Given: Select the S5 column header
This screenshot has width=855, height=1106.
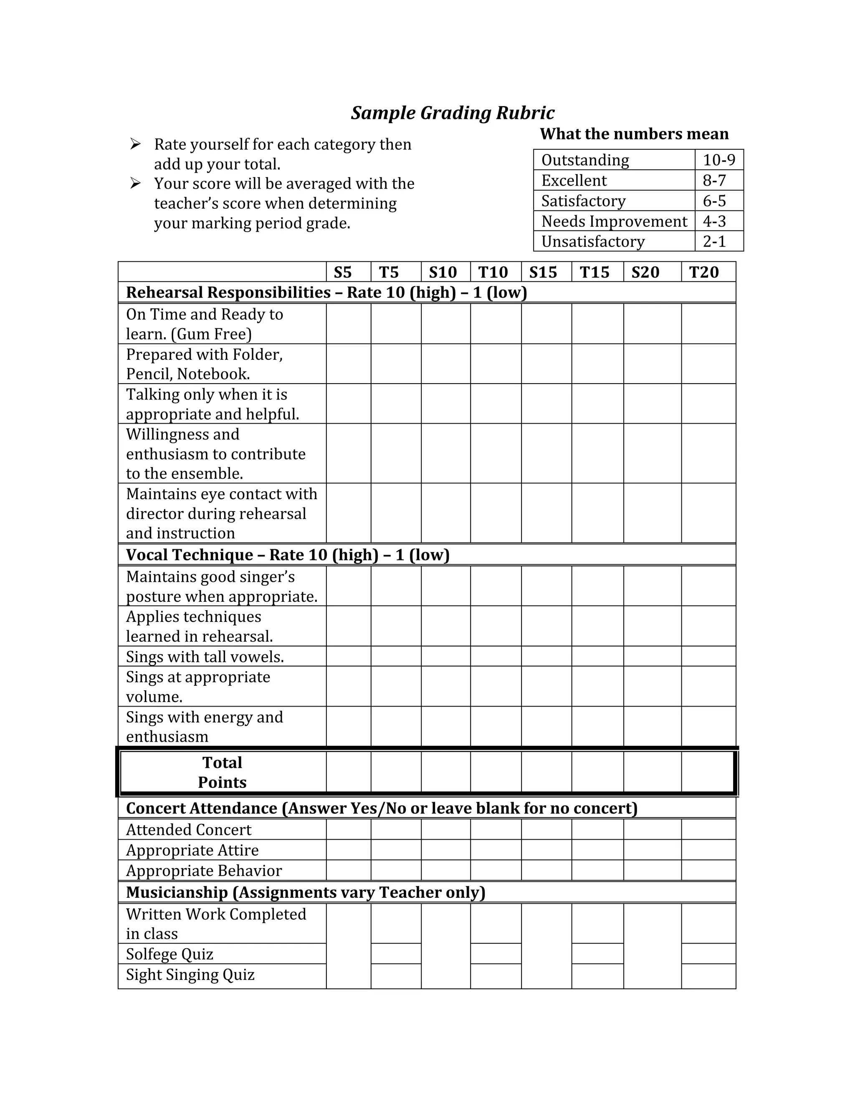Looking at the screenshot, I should tap(343, 273).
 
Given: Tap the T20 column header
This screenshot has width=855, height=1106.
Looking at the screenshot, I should tap(703, 273).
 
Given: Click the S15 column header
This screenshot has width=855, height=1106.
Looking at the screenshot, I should tap(543, 273).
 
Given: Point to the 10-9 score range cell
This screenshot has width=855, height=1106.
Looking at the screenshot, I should tap(719, 160).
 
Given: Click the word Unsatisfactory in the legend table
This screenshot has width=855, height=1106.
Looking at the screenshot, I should tap(593, 242).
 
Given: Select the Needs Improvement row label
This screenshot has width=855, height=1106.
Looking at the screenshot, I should tap(614, 221).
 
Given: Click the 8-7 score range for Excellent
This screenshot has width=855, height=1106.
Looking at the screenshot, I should tap(714, 180).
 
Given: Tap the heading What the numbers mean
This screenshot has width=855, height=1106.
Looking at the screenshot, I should tap(634, 134).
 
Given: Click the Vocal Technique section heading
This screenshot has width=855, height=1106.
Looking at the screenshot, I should tap(288, 555).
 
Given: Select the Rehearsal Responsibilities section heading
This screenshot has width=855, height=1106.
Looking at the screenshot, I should tap(326, 293).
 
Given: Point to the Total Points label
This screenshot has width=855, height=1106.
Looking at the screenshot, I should tap(222, 772).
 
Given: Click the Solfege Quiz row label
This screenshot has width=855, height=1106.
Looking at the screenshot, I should tap(169, 954).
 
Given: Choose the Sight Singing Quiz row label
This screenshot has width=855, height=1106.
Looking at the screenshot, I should tap(190, 975).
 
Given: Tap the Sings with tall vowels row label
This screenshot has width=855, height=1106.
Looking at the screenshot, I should tap(205, 657).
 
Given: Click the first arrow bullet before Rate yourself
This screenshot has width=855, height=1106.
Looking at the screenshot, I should tap(135, 144).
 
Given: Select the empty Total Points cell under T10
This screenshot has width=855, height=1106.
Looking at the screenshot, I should tap(496, 772).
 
